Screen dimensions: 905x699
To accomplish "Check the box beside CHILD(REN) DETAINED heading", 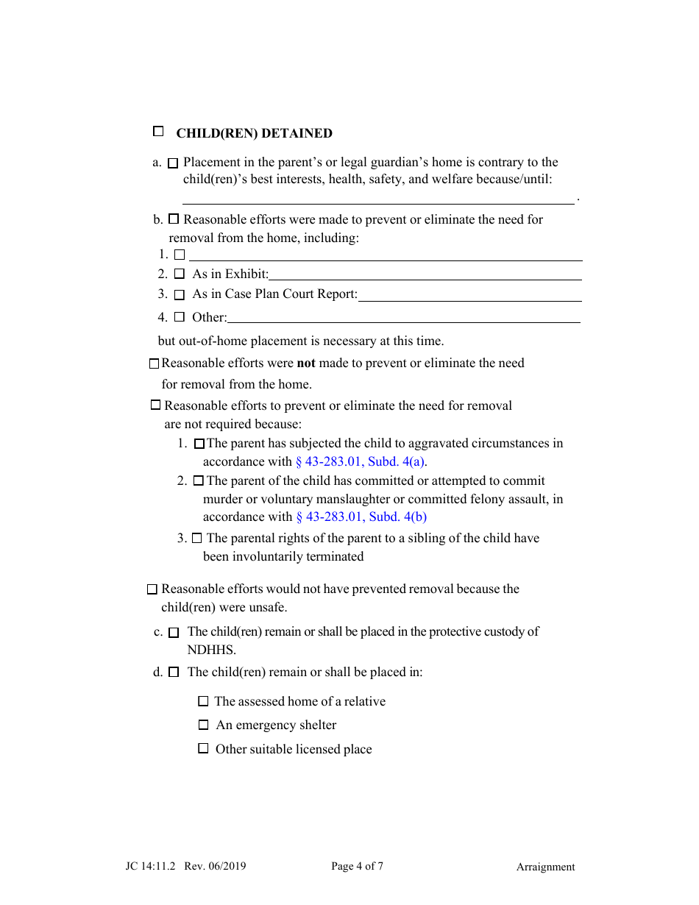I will pyautogui.click(x=158, y=132).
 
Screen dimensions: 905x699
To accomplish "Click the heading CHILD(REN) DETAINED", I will pyautogui.click(x=254, y=134).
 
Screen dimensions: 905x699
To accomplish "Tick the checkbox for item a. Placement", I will pyautogui.click(x=173, y=163).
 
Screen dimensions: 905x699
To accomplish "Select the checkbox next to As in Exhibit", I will pyautogui.click(x=180, y=274).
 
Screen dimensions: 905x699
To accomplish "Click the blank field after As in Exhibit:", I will pyautogui.click(x=425, y=274).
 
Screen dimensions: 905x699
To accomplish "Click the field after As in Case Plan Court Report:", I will pyautogui.click(x=469, y=294).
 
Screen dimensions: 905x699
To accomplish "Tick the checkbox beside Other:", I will pyautogui.click(x=180, y=317).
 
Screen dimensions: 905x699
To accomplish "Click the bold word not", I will pyautogui.click(x=306, y=363).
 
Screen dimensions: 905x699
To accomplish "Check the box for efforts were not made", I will pyautogui.click(x=154, y=363).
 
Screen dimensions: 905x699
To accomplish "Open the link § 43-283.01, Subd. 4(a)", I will pyautogui.click(x=361, y=462).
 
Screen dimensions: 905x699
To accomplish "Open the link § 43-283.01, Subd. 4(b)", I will pyautogui.click(x=361, y=517).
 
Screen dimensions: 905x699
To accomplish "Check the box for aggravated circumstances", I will pyautogui.click(x=199, y=444).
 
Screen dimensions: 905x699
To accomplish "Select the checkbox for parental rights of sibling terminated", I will pyautogui.click(x=196, y=539).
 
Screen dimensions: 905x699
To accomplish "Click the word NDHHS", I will pyautogui.click(x=211, y=650).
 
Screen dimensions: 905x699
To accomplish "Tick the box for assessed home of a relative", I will pyautogui.click(x=203, y=702).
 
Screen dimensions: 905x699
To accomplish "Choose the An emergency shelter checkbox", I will pyautogui.click(x=203, y=725).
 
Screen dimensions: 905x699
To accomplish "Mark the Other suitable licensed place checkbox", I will pyautogui.click(x=203, y=749).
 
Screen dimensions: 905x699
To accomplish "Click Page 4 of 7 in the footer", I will pyautogui.click(x=357, y=866).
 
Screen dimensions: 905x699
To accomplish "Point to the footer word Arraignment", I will pyautogui.click(x=545, y=867).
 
